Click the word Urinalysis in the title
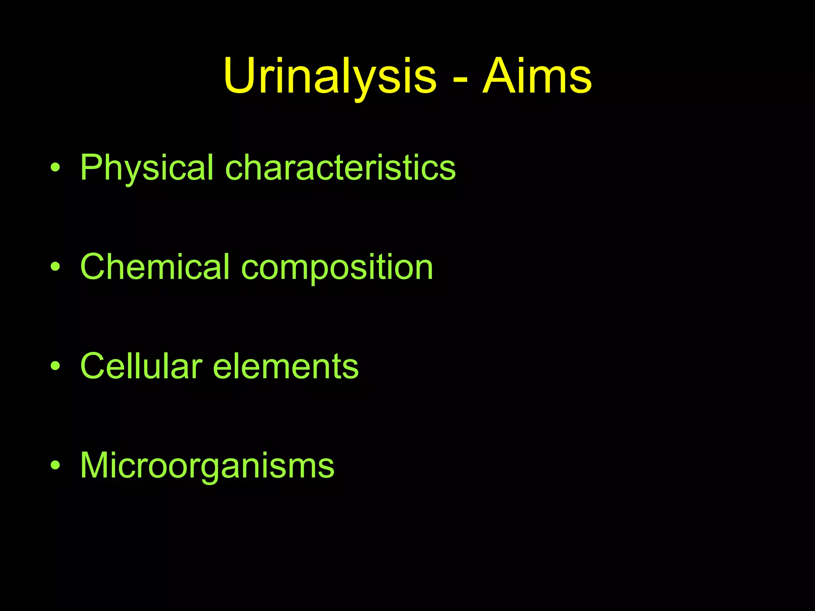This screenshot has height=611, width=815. [x=330, y=76]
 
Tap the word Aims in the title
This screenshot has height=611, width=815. [x=537, y=76]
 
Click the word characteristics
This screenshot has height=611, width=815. [x=340, y=168]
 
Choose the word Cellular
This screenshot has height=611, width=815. [x=141, y=366]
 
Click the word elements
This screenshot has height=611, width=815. [x=286, y=366]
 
